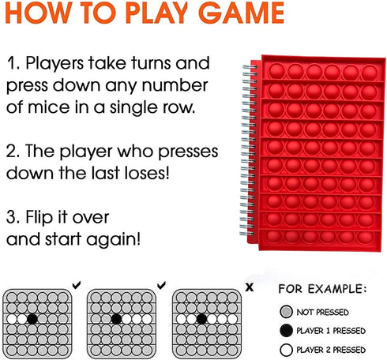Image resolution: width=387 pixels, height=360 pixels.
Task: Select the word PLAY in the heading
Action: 156,13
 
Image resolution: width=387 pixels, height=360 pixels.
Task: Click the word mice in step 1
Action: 49,107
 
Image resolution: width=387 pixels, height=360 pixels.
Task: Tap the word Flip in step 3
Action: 40,217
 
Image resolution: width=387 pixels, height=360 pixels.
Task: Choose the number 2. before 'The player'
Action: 13,152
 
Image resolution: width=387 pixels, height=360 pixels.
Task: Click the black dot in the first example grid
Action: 32,319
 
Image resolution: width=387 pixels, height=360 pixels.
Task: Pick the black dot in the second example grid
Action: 116,319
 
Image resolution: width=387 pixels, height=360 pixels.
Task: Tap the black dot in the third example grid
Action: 201,319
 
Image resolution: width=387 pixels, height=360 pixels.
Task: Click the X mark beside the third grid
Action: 250,287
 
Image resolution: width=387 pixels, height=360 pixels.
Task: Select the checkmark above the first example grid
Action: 77,285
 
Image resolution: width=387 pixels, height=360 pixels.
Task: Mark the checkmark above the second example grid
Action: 161,285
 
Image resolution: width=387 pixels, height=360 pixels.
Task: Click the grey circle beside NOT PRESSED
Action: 286,312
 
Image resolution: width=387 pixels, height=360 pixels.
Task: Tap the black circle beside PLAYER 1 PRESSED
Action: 286,331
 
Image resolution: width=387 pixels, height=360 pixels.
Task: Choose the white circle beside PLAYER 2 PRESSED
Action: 286,350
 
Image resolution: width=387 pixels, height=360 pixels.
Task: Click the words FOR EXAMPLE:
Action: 322,289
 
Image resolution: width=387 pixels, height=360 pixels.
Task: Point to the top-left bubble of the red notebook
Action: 277,71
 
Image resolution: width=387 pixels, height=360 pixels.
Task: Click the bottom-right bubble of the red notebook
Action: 365,237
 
